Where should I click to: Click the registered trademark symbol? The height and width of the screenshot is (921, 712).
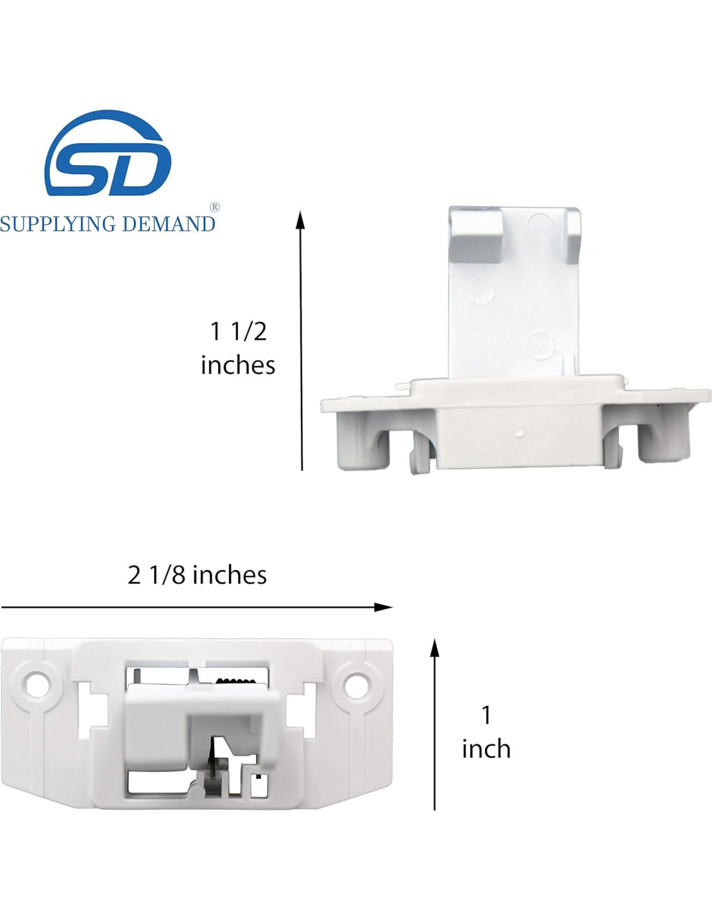coord(215,207)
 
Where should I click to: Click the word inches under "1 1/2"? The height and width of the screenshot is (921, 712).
coord(238,365)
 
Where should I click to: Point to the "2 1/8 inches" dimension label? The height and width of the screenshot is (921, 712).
coord(197,575)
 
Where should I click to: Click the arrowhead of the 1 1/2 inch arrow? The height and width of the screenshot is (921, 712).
coord(300,220)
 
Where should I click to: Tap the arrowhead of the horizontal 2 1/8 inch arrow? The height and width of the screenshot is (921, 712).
coord(383,608)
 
